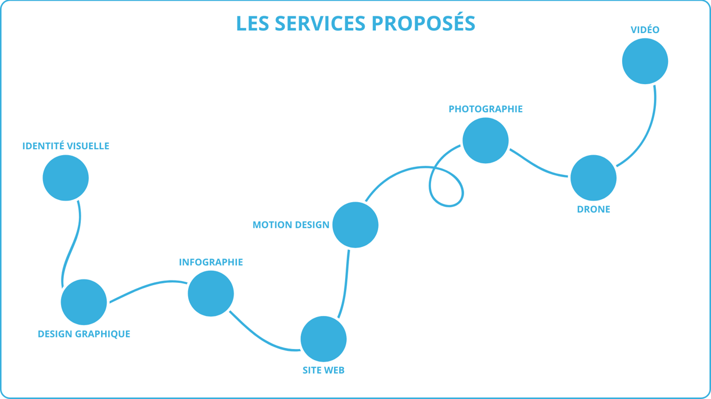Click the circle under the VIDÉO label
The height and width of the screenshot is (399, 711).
pos(645,61)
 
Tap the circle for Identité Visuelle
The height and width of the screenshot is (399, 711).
pos(66,178)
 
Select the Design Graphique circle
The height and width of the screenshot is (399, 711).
pos(84,302)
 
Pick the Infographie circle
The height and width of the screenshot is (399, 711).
pos(211,294)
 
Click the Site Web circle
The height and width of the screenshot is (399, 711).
pos(324,339)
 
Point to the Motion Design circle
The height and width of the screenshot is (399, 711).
pos(355,225)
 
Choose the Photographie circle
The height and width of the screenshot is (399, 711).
pos(486,141)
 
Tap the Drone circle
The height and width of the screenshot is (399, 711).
pos(594,178)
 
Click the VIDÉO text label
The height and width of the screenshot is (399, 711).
pos(645,29)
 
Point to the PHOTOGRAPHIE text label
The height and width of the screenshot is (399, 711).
pos(486,109)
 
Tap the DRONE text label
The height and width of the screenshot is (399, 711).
pos(594,210)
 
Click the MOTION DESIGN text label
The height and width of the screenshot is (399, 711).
pos(291,225)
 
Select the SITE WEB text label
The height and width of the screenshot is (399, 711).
pos(324,371)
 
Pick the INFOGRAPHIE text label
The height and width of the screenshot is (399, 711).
pos(211,262)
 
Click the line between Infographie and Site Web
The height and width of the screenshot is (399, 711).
pos(261,338)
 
